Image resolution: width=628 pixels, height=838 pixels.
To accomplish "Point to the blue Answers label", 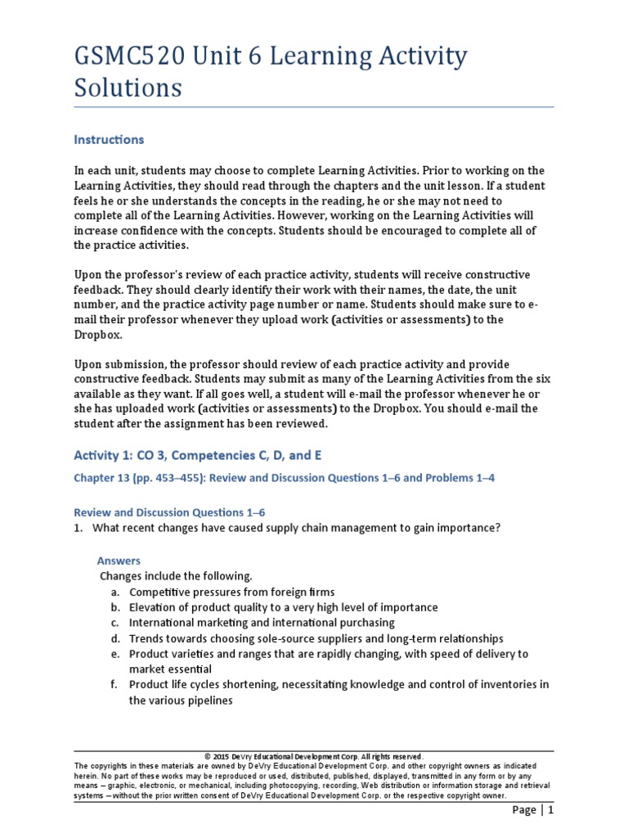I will click(x=119, y=561).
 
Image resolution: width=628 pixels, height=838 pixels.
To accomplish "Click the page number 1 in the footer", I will click(x=551, y=810).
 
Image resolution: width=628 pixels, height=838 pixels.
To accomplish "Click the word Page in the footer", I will click(x=524, y=810).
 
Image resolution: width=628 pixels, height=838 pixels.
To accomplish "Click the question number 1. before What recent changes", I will click(x=78, y=528).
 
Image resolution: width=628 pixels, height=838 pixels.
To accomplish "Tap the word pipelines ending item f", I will click(x=209, y=701).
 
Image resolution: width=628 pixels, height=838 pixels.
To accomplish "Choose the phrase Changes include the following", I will click(x=176, y=576).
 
